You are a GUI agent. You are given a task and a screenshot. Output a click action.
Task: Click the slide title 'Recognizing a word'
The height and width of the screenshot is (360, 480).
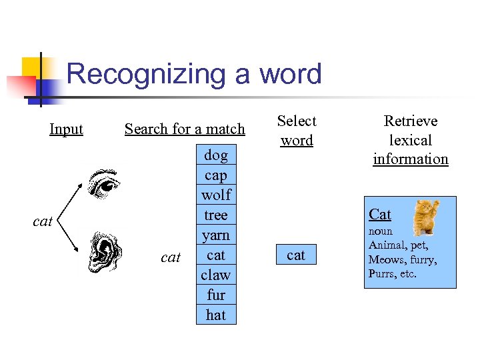[194, 74]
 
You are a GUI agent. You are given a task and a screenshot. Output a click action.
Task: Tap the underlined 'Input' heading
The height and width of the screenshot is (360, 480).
[66, 129]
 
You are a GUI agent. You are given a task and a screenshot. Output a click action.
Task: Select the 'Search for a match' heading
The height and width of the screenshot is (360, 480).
[185, 129]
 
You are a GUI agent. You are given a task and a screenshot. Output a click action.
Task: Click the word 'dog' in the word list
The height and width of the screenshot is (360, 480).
[216, 155]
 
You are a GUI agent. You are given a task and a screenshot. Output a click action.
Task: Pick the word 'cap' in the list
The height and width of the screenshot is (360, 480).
[216, 175]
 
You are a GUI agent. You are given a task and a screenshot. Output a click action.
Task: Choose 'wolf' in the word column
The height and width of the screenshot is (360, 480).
[216, 195]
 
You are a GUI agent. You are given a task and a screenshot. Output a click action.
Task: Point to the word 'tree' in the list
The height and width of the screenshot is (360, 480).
[216, 215]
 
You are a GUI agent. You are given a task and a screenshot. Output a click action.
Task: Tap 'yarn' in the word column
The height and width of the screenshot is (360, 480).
[216, 235]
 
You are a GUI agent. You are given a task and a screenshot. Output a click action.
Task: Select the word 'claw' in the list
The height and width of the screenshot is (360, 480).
[216, 275]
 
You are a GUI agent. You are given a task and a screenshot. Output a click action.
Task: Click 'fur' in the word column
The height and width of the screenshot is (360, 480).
[216, 295]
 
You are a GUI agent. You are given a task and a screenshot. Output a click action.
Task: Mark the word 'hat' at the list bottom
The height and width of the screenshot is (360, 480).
[216, 315]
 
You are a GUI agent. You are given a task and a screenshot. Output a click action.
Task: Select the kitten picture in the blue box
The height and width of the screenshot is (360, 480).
[426, 216]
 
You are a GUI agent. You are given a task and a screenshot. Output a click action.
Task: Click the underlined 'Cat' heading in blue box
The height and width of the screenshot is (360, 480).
[380, 214]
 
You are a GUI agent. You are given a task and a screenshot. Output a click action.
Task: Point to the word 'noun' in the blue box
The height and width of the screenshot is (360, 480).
[381, 231]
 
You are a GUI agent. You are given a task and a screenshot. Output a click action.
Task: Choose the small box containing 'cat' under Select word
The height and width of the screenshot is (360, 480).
[296, 255]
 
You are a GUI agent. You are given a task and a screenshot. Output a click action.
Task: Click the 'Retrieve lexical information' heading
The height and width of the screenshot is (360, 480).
[411, 140]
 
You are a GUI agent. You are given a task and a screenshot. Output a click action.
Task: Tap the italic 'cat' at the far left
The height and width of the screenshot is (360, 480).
[43, 221]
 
